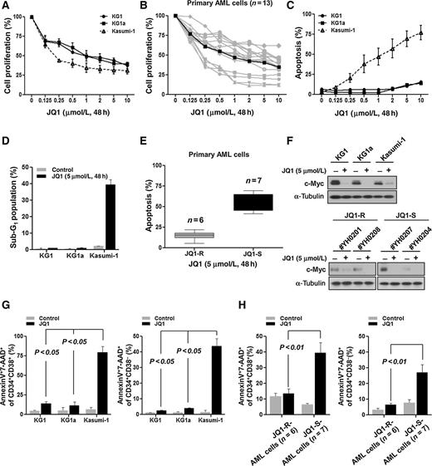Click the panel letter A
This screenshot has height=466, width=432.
(6, 7)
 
